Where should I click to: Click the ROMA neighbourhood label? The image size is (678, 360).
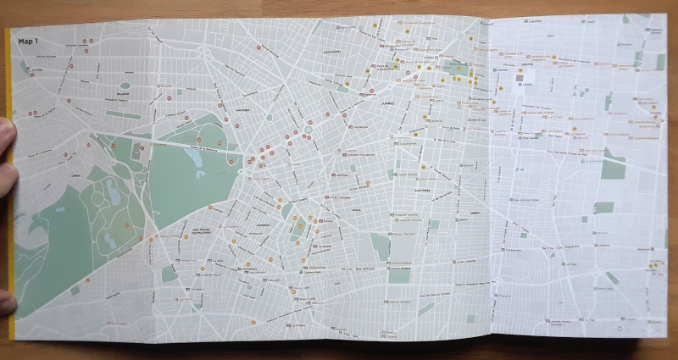357,206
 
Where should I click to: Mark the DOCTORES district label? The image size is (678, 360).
421,191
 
